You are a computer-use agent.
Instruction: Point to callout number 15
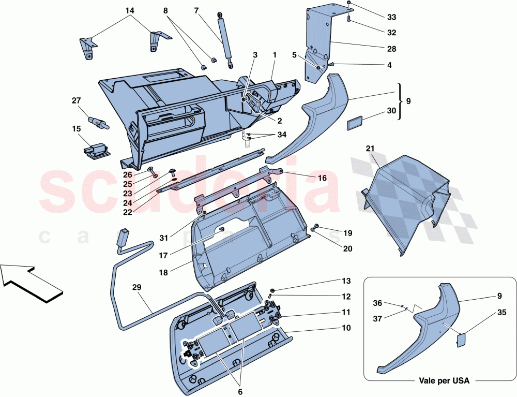pos(77,128)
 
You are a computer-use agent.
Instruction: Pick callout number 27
pos(77,101)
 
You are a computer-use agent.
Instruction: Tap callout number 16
pos(323,178)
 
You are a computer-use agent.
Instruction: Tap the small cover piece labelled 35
pos(460,340)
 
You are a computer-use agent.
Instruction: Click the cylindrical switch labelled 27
pos(98,122)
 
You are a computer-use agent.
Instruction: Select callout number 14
pos(129,10)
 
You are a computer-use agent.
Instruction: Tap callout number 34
pos(281,135)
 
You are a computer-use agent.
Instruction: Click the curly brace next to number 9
pos(400,101)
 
